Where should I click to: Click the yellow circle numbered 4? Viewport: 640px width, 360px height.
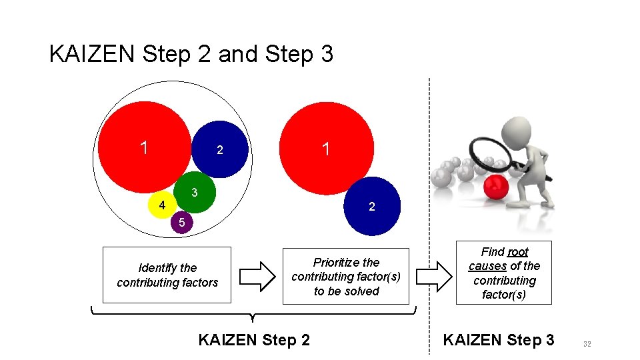pos(160,205)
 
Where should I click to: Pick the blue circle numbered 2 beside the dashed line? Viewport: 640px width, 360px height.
pos(373,207)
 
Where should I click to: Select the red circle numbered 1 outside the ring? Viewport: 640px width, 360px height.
pos(327,148)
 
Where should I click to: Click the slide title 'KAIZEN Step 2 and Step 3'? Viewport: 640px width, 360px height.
pos(191,54)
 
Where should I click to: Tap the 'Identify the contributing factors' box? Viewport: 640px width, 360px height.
pos(167,275)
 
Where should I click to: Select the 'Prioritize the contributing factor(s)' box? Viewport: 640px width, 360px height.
pos(345,277)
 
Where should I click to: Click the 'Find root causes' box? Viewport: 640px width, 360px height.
pos(504,273)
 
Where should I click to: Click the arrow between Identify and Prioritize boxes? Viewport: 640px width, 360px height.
pos(257,275)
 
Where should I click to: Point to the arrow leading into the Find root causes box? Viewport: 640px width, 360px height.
pos(435,275)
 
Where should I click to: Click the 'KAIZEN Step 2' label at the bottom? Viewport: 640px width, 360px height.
pos(254,340)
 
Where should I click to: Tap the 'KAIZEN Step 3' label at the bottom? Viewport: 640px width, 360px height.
pos(498,340)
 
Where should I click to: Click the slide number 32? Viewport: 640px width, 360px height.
pos(587,344)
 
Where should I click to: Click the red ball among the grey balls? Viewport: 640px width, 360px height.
pos(495,188)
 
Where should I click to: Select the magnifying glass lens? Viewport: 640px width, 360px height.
pos(490,155)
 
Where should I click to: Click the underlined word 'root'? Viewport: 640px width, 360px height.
pos(518,251)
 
